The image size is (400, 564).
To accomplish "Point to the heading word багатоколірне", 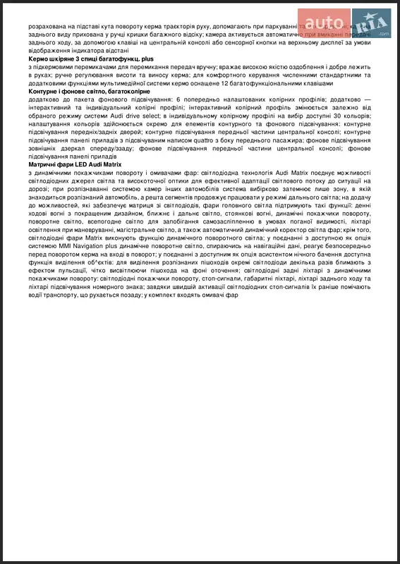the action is pos(117,92).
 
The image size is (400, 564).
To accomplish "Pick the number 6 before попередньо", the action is pos(179,100).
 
